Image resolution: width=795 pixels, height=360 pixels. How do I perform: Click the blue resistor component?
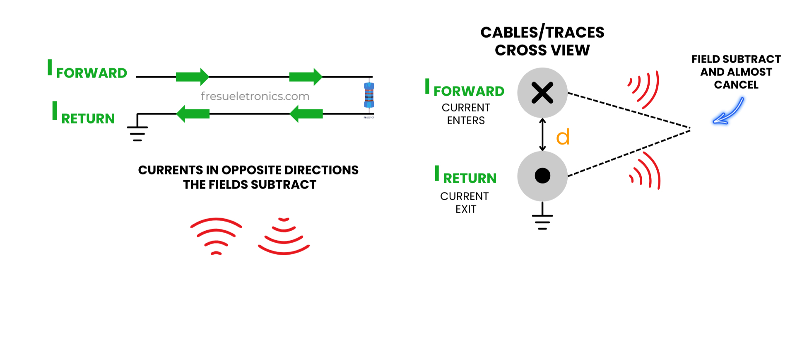click(369, 95)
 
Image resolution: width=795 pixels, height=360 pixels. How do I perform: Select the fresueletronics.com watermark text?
click(255, 96)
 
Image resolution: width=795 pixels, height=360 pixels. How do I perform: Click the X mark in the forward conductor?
click(542, 92)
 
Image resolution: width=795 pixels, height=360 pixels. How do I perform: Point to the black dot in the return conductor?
click(542, 176)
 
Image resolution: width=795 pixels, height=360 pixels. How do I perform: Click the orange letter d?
click(563, 137)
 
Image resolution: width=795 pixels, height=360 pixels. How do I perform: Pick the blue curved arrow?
click(729, 111)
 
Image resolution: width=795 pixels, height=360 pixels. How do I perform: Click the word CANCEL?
click(736, 85)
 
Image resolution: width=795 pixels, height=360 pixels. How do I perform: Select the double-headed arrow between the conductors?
click(542, 135)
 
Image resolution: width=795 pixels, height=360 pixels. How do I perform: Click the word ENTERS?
click(466, 121)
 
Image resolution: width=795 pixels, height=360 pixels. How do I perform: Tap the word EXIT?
click(466, 209)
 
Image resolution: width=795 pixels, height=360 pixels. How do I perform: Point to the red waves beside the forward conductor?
click(643, 89)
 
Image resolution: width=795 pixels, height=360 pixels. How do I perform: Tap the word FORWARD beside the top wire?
click(92, 73)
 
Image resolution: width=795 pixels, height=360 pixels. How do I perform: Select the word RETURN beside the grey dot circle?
click(470, 179)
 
